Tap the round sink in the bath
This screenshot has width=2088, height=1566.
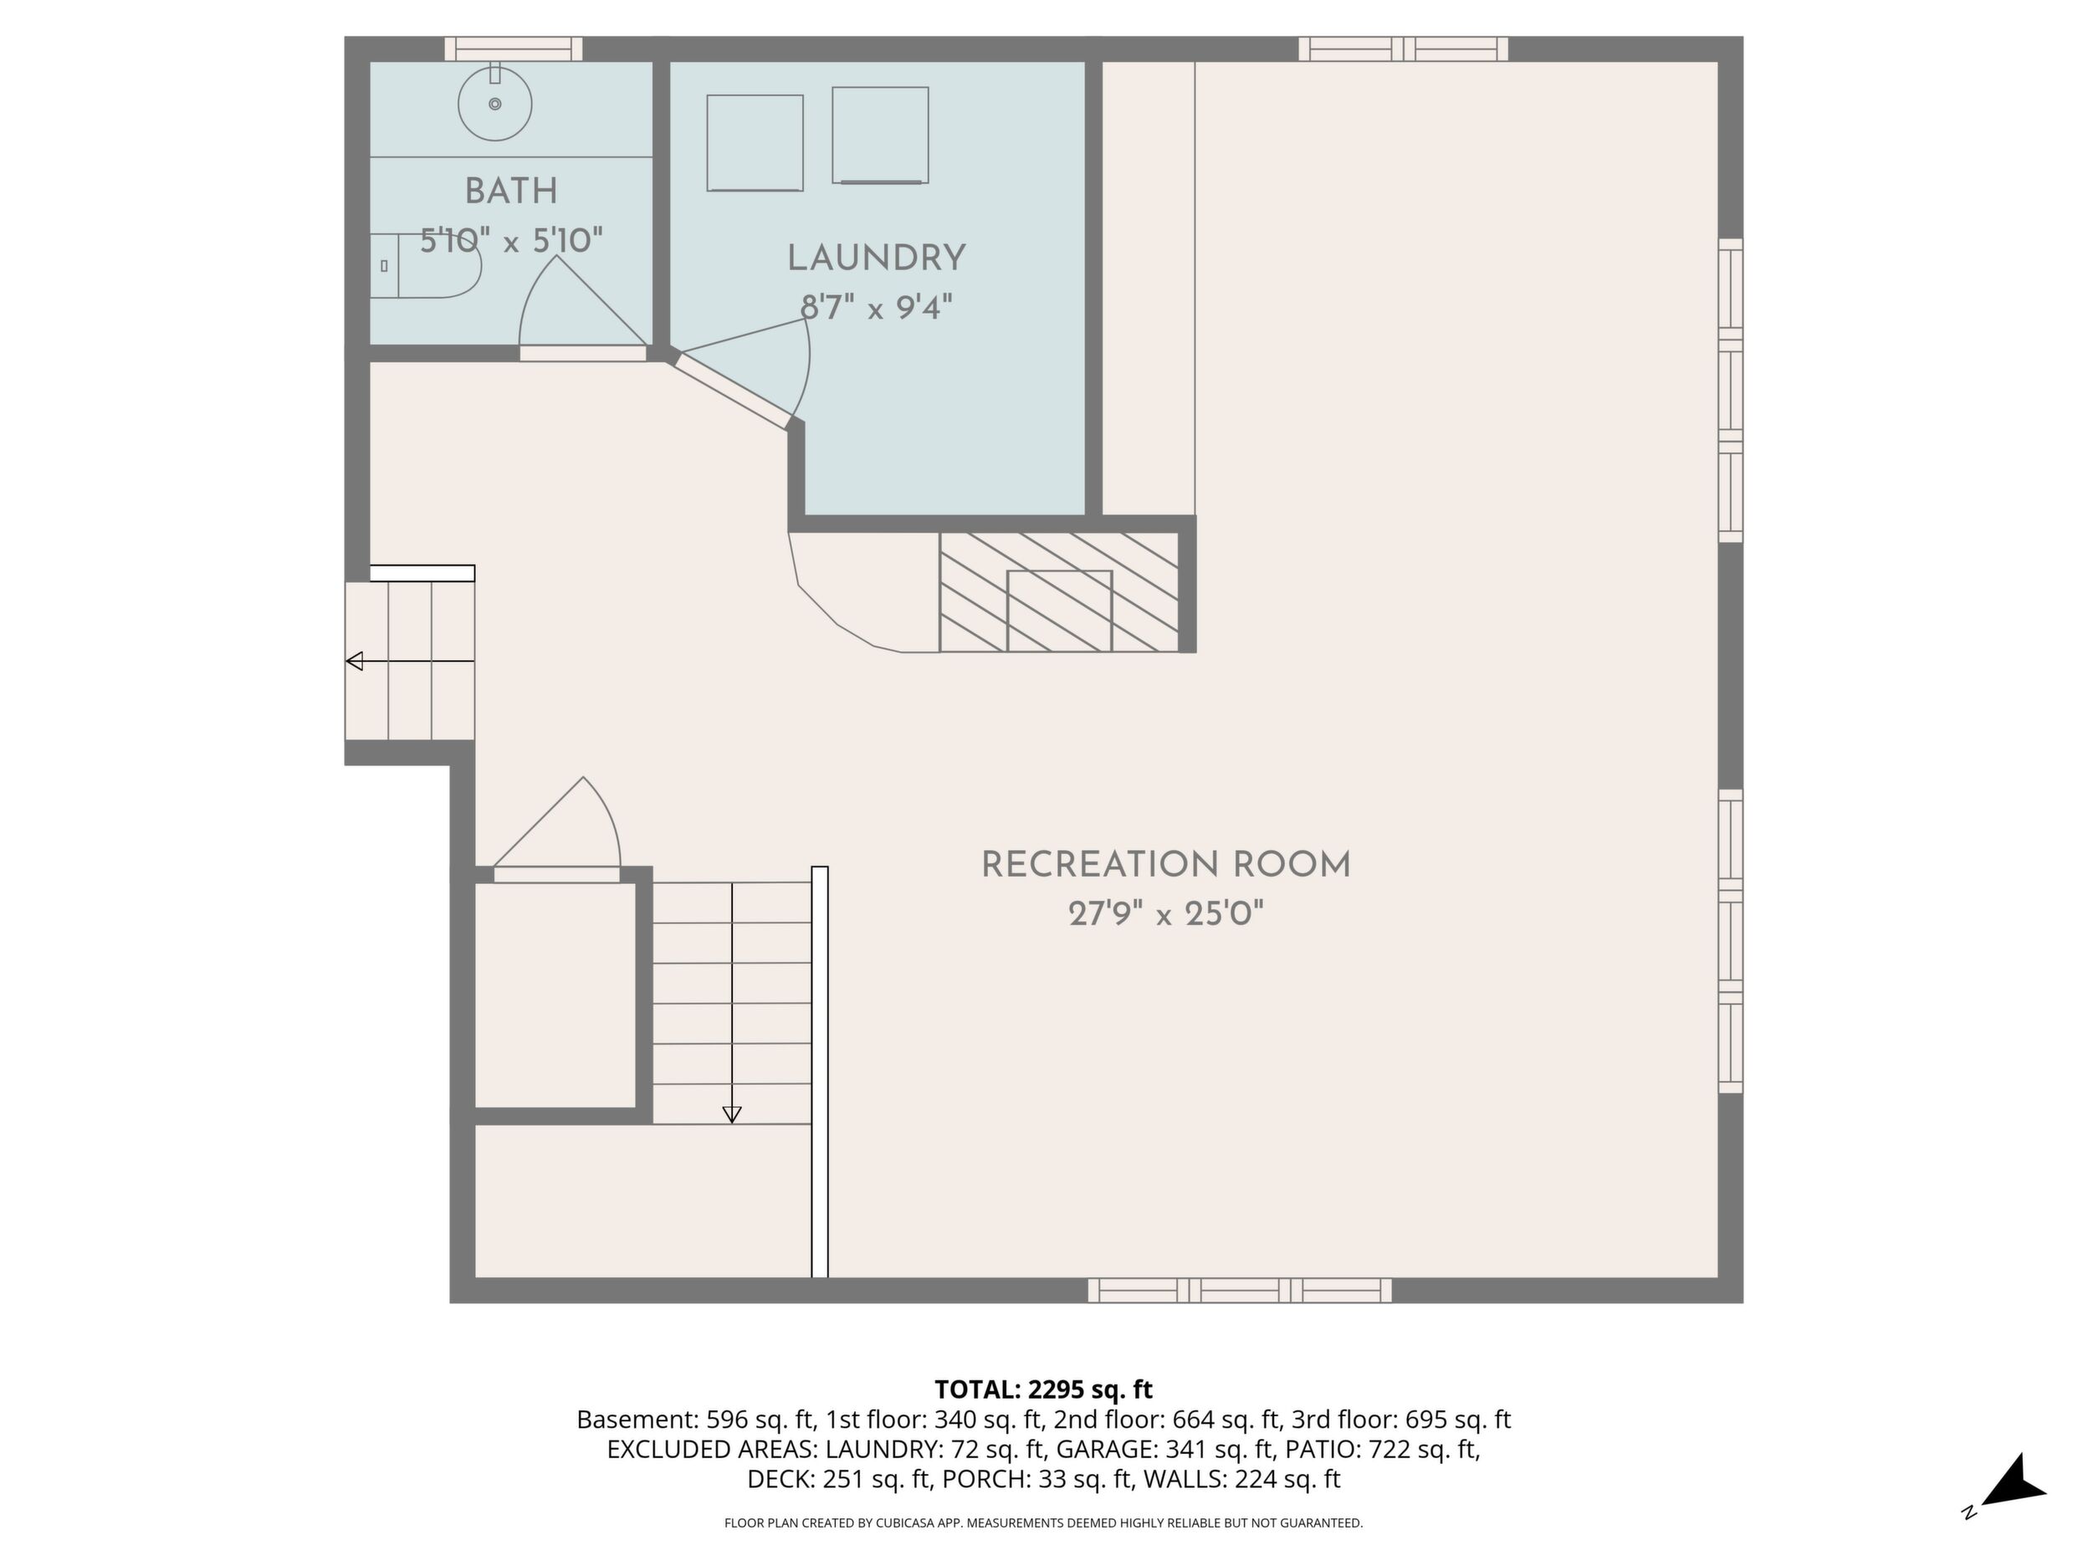coord(494,104)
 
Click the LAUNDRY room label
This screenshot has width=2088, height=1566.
coord(876,258)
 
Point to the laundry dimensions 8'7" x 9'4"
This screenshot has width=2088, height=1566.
coord(876,308)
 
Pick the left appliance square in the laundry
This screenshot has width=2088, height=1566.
coord(755,142)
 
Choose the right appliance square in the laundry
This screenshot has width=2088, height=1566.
coord(880,135)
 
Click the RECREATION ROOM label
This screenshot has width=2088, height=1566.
coord(1166,865)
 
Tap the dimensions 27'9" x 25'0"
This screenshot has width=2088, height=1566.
coord(1166,913)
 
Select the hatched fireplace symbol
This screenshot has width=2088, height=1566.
coord(1059,592)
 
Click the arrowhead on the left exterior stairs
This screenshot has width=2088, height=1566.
coord(355,661)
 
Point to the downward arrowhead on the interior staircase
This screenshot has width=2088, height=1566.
coord(732,1115)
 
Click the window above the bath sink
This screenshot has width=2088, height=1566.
coord(514,49)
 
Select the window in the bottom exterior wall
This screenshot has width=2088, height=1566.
coord(1240,1291)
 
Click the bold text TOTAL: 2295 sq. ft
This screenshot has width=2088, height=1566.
coord(1043,1389)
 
